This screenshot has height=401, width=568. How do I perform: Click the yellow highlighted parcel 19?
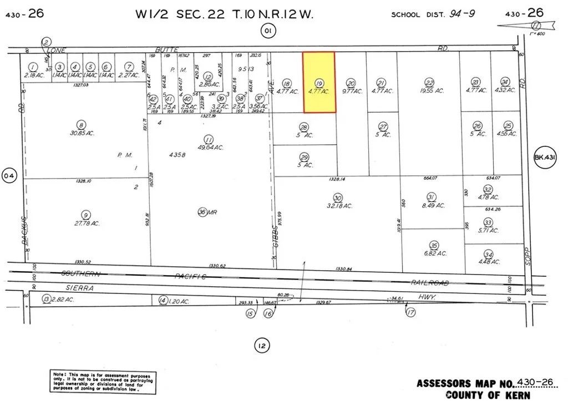pos(318,82)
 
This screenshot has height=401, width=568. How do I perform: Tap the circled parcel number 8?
pos(82,125)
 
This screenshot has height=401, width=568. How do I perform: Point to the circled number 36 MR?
pos(202,211)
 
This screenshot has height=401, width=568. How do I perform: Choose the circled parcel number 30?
pos(337,197)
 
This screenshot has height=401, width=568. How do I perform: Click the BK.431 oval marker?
pos(544,158)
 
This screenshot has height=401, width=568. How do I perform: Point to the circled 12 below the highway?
pos(262,347)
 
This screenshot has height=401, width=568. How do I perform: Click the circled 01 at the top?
pos(267,31)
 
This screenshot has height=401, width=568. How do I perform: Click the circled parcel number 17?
pos(410,313)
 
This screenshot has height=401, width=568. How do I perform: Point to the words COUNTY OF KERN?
pos(488,395)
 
